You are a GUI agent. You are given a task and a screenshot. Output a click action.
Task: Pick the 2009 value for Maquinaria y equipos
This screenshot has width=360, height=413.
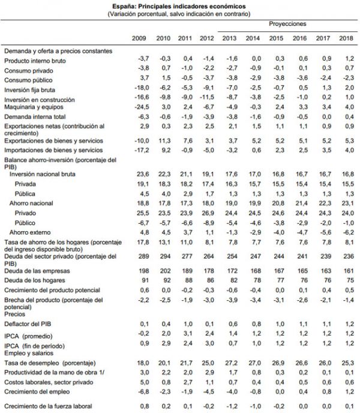pos(140,106)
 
